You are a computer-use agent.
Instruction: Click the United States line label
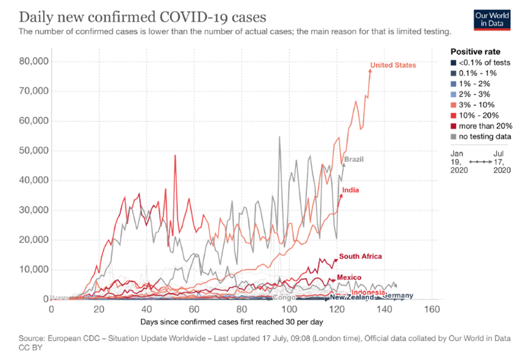(393, 65)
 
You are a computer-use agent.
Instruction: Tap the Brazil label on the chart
(354, 159)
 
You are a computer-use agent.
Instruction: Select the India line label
(352, 190)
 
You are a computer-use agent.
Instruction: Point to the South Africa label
(360, 256)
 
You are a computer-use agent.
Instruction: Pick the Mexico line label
(349, 277)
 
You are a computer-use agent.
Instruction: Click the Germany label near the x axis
(397, 295)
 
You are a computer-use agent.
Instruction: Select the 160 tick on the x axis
(431, 309)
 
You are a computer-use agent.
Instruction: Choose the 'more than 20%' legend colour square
(454, 126)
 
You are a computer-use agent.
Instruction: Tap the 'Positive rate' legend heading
(476, 52)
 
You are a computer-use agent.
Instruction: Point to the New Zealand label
(352, 299)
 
